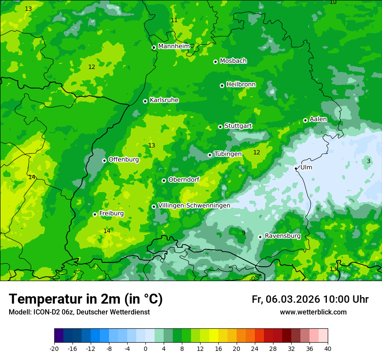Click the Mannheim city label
[174, 46]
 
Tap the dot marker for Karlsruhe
[145, 101]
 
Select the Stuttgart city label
[238, 126]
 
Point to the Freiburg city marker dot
[95, 214]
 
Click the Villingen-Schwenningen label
[194, 206]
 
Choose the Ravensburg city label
[283, 236]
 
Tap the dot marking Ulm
[296, 168]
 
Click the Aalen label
[318, 119]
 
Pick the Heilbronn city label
[241, 85]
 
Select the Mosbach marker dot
[215, 62]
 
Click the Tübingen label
[228, 154]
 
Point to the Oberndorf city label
[184, 180]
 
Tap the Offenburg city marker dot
[104, 160]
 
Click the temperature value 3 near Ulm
[369, 161]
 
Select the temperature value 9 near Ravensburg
[244, 233]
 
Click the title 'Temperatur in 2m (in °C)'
[86, 299]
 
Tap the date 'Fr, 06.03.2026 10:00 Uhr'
[310, 299]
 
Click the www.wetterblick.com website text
[313, 312]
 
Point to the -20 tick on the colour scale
[54, 348]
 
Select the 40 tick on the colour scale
[328, 348]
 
